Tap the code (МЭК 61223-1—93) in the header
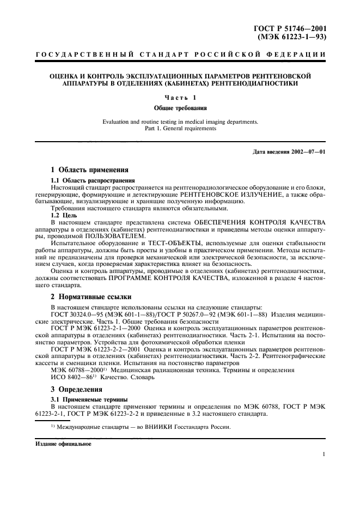(x=295, y=38)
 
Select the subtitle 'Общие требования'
(x=179, y=108)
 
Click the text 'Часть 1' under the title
(x=180, y=98)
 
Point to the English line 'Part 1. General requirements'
(x=179, y=129)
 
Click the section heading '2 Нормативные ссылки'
(x=86, y=298)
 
